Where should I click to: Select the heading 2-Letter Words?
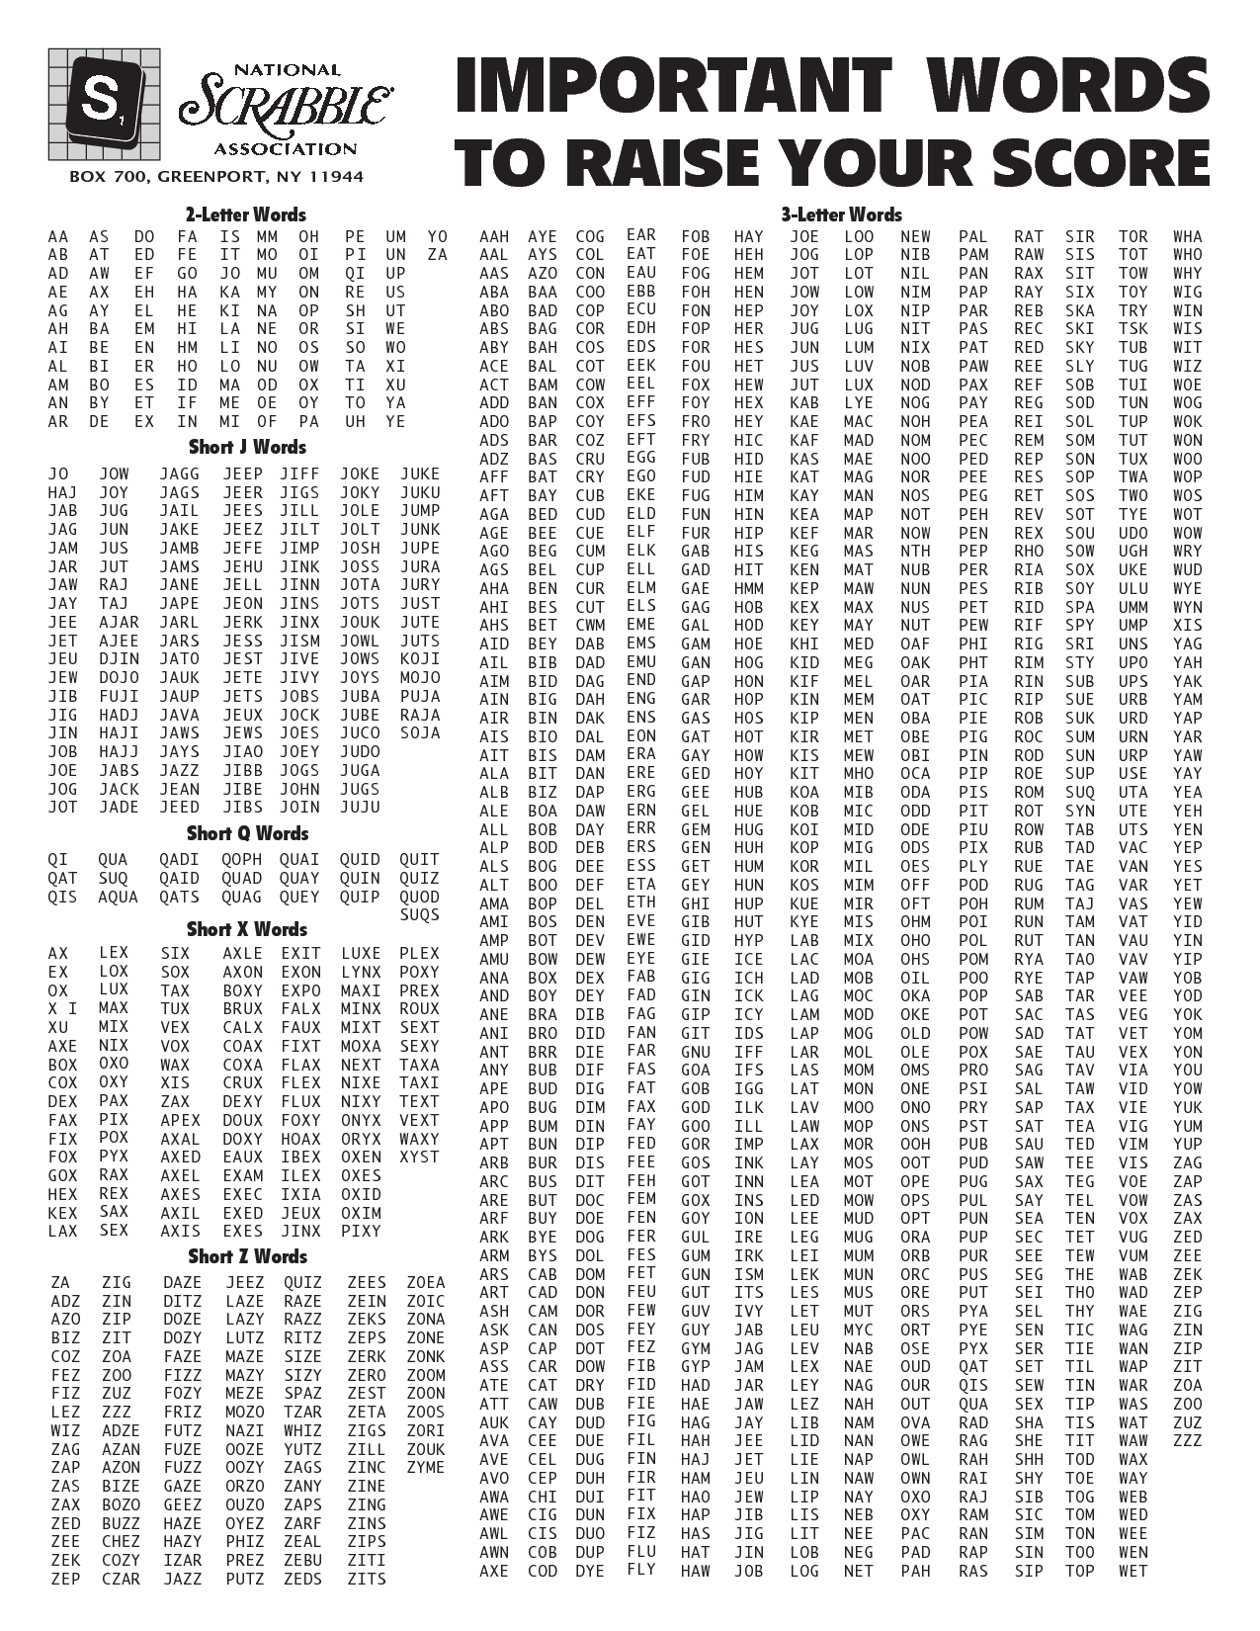(x=246, y=215)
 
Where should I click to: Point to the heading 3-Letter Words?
(x=841, y=215)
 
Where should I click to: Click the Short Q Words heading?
(x=246, y=833)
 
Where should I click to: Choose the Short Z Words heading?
(x=247, y=1256)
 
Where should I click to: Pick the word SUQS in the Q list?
(x=420, y=915)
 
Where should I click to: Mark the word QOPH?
(x=242, y=859)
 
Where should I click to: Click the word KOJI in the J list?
(x=420, y=659)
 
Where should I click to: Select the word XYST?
(x=420, y=1157)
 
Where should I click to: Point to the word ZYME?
(x=426, y=1467)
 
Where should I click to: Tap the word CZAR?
(x=121, y=1579)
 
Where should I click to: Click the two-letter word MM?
(x=267, y=236)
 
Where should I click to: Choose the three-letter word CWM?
(x=590, y=625)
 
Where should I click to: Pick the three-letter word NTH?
(x=915, y=551)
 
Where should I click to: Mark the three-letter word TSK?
(x=1134, y=329)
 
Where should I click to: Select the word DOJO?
(x=120, y=678)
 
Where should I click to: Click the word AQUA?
(x=119, y=897)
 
